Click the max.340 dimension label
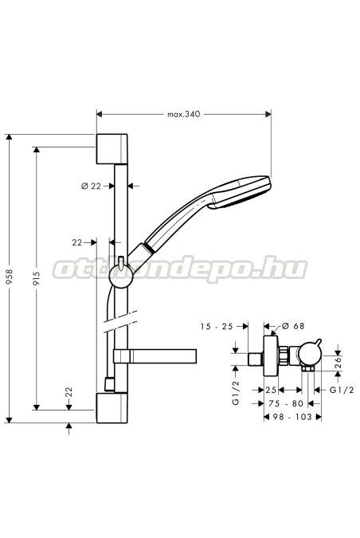183,114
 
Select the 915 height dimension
37,279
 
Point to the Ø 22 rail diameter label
92,186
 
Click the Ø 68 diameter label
293,326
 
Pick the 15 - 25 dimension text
217,326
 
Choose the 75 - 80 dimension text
286,403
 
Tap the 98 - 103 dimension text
292,417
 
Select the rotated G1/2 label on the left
236,393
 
